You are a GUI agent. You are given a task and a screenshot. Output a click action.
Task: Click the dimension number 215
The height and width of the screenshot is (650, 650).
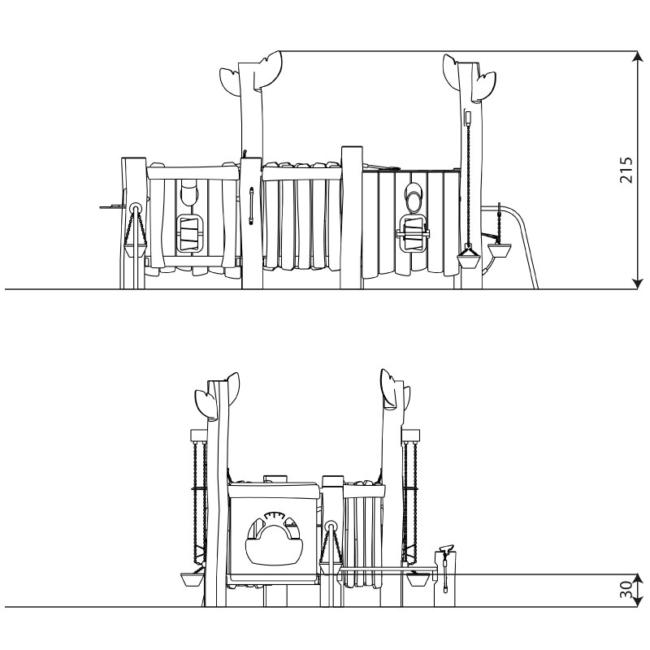626,170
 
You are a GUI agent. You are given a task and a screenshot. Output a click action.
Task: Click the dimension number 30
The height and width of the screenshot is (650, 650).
626,590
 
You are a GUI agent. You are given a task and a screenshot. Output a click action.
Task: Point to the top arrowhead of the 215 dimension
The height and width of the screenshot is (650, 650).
637,56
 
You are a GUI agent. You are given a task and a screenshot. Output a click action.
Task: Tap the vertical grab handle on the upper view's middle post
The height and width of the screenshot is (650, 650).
251,206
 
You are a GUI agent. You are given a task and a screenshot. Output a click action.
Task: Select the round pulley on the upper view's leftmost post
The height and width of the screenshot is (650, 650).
135,208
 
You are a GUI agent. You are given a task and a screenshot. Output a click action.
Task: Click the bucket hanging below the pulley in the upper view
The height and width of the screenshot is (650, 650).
135,250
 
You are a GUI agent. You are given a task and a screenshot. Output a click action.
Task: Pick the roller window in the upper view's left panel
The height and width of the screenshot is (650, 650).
190,234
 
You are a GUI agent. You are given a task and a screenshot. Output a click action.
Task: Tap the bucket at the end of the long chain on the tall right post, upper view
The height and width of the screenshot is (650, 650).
469,261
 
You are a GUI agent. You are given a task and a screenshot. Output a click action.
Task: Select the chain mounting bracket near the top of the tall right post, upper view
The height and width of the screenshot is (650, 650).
469,117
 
